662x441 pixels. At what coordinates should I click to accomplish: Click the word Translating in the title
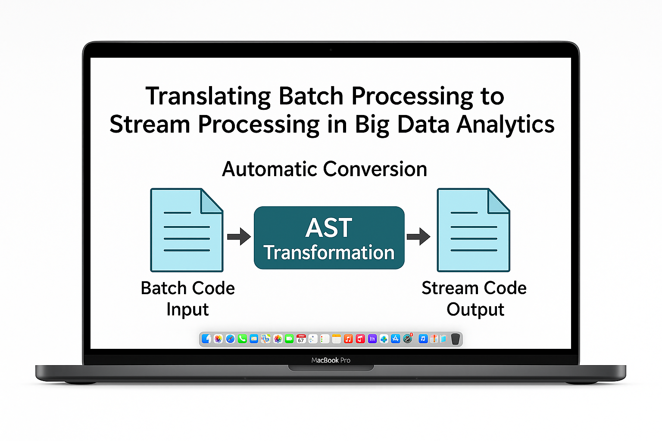click(x=208, y=96)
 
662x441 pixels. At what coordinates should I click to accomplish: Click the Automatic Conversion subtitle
click(x=325, y=169)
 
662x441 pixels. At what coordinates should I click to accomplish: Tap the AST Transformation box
click(x=329, y=238)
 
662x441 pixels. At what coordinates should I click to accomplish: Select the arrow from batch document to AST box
click(x=239, y=236)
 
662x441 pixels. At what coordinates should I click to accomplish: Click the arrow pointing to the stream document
click(x=418, y=236)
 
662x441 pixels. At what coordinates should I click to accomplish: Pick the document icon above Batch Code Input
click(x=187, y=230)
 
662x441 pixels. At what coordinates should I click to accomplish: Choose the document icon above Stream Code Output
click(x=474, y=230)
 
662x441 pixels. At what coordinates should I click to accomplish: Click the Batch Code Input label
click(x=187, y=298)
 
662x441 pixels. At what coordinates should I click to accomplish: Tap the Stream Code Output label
click(x=474, y=298)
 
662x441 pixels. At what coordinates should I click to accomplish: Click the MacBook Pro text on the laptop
click(x=331, y=360)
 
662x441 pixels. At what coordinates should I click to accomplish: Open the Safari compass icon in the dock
click(x=230, y=339)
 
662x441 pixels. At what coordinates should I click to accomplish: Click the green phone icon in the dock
click(x=242, y=339)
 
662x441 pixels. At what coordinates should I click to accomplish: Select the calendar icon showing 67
click(x=301, y=339)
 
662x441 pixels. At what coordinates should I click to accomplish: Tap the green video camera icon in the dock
click(x=289, y=339)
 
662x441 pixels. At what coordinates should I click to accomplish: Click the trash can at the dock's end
click(x=456, y=339)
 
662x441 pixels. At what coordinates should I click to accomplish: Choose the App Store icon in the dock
click(x=395, y=339)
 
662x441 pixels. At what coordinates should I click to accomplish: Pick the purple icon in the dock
click(x=372, y=339)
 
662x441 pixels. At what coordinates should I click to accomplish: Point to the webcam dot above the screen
click(x=331, y=50)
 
